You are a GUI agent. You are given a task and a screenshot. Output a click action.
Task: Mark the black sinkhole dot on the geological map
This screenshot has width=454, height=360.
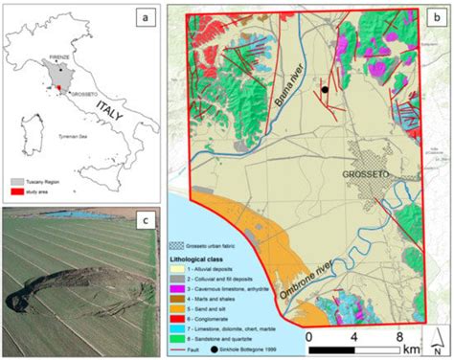[x=326, y=90]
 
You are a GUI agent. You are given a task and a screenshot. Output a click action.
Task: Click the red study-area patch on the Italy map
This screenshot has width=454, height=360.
[x=59, y=91]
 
